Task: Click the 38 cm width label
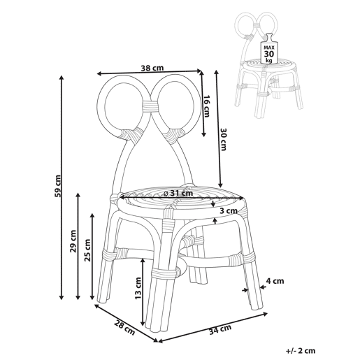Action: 152,68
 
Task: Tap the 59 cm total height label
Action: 57,186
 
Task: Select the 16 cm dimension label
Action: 206,106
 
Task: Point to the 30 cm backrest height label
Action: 223,139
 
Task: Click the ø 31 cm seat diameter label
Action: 178,193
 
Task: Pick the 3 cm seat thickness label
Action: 229,211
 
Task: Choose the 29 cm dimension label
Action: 73,241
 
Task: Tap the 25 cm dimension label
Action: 87,250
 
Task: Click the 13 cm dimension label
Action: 138,288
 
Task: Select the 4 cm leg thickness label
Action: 275,281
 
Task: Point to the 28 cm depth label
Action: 124,328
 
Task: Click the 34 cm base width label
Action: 220,329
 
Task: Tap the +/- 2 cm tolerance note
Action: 301,350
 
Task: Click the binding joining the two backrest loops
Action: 150,106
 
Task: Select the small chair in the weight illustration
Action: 269,65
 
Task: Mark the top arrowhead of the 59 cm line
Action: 62,78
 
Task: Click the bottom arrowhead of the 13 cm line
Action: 143,324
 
